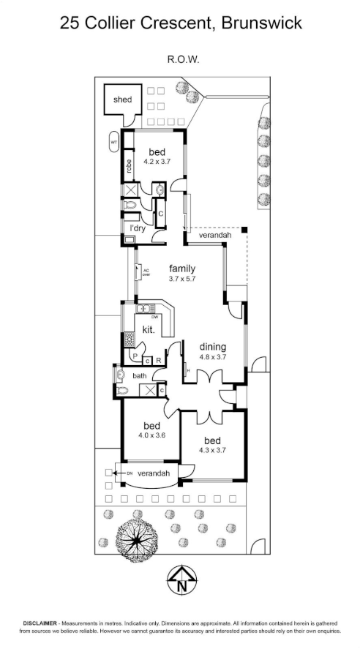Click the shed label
[122, 100]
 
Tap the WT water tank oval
[114, 142]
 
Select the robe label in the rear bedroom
[129, 166]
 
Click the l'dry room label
[138, 228]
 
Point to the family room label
[182, 269]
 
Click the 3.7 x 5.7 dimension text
[182, 279]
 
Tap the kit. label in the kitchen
[149, 330]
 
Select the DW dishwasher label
[155, 318]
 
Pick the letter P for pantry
[135, 356]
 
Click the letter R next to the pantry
[158, 361]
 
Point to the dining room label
[213, 347]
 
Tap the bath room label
[140, 376]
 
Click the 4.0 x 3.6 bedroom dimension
[152, 435]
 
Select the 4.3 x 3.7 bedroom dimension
[212, 451]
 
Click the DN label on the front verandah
[130, 473]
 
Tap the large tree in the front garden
[137, 540]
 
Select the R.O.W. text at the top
[184, 59]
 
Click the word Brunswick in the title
[261, 23]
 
